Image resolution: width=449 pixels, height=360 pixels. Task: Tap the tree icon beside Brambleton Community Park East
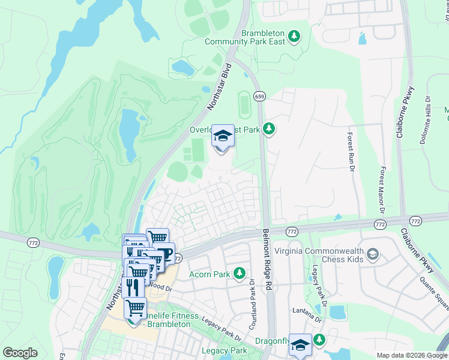(294, 38)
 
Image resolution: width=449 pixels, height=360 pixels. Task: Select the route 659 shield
(259, 96)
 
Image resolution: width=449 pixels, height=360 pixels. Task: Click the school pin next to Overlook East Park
(223, 136)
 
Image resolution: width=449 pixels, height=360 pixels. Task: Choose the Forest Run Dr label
(350, 152)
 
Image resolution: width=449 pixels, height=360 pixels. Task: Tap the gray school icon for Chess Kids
(373, 254)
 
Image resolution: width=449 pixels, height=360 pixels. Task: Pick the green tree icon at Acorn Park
(240, 274)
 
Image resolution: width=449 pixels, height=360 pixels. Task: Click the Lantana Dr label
(303, 310)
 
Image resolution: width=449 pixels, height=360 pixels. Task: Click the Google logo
(20, 353)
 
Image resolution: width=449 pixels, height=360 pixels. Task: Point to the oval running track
(243, 105)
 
